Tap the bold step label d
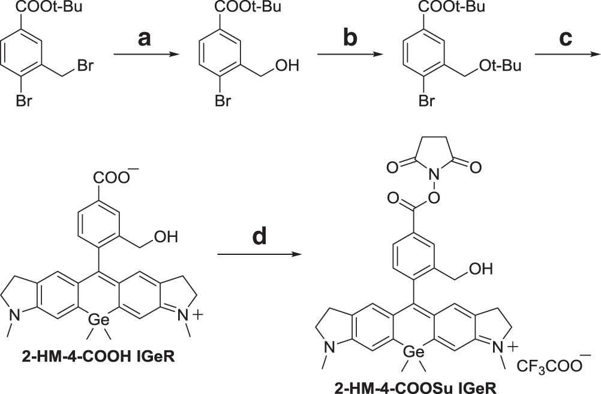259,237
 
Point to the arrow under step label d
259,255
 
